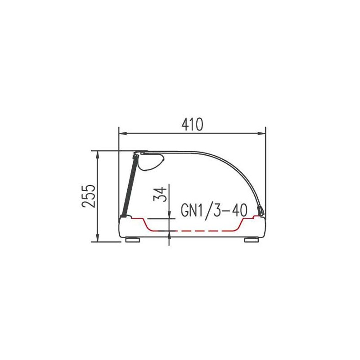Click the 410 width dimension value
click(x=193, y=125)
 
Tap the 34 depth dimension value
click(x=160, y=194)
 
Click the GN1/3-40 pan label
click(x=214, y=211)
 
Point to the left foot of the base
click(x=133, y=240)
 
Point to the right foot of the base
click(x=252, y=240)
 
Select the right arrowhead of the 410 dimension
click(x=261, y=133)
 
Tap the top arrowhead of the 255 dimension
click(x=98, y=155)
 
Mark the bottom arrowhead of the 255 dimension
click(x=98, y=238)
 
